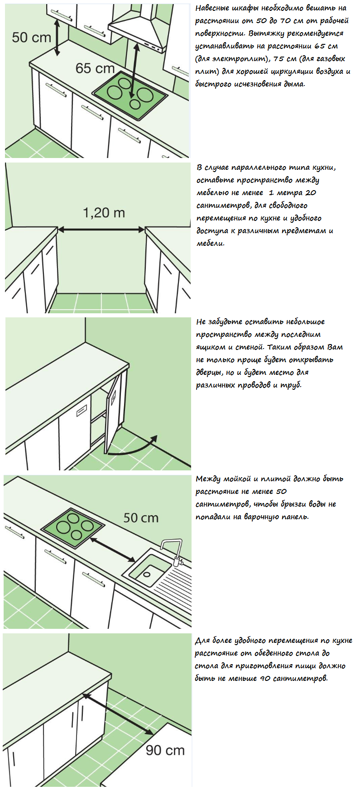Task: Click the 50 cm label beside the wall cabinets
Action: (31, 37)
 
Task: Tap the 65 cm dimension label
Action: (95, 68)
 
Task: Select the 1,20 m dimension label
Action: (104, 212)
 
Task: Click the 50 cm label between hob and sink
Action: (141, 517)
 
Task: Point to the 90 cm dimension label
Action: (165, 750)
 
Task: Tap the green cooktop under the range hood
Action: (130, 94)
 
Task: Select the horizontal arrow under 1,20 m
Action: (101, 230)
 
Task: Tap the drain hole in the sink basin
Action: (146, 574)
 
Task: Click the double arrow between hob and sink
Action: (112, 550)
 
